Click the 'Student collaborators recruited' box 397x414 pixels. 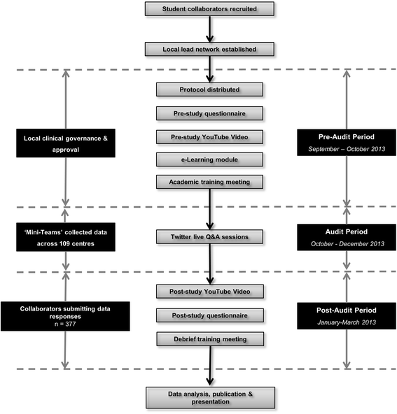[x=209, y=9]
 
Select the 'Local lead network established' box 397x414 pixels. [x=209, y=49]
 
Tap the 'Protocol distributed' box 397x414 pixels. [x=209, y=90]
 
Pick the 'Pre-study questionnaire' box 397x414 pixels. [x=209, y=113]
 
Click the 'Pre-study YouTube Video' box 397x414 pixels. [x=209, y=136]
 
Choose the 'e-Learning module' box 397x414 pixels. [x=209, y=159]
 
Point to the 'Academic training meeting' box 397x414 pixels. [x=209, y=183]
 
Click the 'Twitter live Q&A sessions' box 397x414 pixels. [x=209, y=237]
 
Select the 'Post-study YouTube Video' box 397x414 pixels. [x=209, y=291]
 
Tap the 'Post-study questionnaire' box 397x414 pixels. [x=209, y=315]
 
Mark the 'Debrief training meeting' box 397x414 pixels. [x=209, y=339]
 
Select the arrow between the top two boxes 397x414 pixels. [x=209, y=29]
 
